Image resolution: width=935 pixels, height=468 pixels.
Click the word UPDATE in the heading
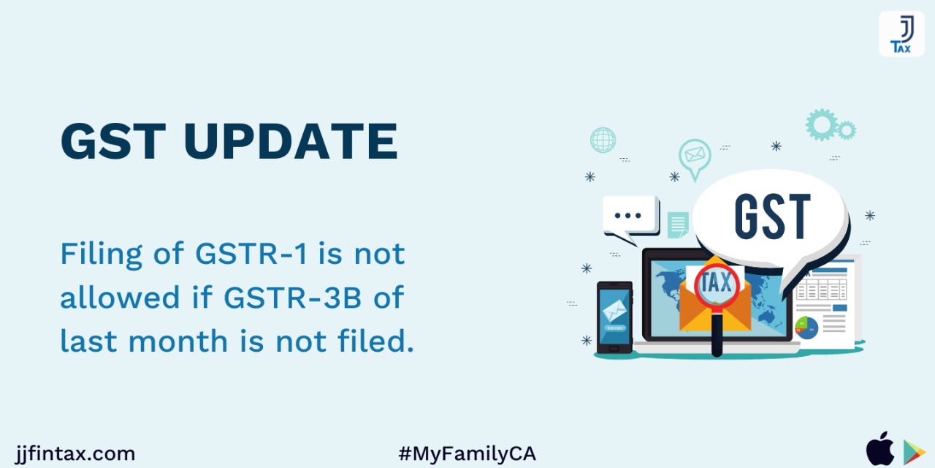coord(291,141)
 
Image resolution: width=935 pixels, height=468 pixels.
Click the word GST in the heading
coord(113,141)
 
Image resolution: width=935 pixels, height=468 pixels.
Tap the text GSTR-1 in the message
coord(251,254)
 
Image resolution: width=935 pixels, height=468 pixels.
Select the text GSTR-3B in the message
coord(293,297)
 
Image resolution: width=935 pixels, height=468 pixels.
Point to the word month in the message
coord(178,341)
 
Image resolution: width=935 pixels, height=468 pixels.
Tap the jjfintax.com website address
coord(75,454)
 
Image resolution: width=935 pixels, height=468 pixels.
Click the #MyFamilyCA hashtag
coord(467,454)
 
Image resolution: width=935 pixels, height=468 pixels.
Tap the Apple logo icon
coord(880,449)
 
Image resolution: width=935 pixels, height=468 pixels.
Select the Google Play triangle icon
coord(913,452)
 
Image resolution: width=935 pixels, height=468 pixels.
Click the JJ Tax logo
coord(901,34)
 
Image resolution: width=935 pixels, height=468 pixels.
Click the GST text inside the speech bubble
coord(772,216)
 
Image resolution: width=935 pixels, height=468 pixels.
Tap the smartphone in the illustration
coord(614,317)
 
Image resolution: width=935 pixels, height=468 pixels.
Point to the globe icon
coord(603,140)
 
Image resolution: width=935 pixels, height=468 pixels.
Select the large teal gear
coord(822,124)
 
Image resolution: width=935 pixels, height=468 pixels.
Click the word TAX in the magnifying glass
coord(717,282)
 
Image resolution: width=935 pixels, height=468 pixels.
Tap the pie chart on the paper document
coord(806,328)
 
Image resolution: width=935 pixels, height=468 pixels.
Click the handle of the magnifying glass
coord(717,334)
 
